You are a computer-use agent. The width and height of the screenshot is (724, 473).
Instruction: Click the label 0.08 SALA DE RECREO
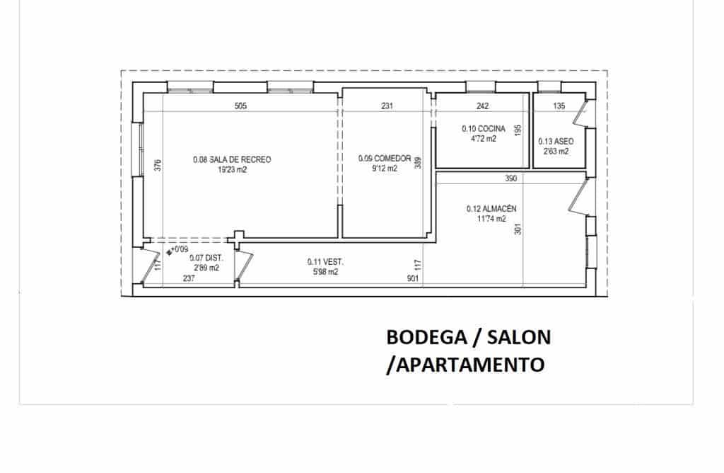[232, 160]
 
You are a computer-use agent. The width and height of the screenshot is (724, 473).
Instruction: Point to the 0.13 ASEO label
[556, 141]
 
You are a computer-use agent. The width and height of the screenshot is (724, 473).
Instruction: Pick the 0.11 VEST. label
[326, 261]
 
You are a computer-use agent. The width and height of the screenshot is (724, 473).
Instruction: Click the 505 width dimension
[240, 106]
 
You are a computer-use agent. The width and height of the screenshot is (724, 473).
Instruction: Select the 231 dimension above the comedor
[387, 106]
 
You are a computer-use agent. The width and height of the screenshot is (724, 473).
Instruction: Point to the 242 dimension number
[482, 106]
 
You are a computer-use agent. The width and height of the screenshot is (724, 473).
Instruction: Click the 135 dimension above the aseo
[559, 106]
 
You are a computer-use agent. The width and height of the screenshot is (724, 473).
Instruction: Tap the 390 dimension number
[511, 179]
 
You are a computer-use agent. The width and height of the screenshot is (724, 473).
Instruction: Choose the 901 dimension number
[414, 278]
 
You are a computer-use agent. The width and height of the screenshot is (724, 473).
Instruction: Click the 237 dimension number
[189, 278]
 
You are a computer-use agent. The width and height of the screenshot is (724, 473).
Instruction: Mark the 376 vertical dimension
[158, 165]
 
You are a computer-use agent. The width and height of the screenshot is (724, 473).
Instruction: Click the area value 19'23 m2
[232, 170]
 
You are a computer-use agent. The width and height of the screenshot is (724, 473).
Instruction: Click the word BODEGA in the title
[421, 338]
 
